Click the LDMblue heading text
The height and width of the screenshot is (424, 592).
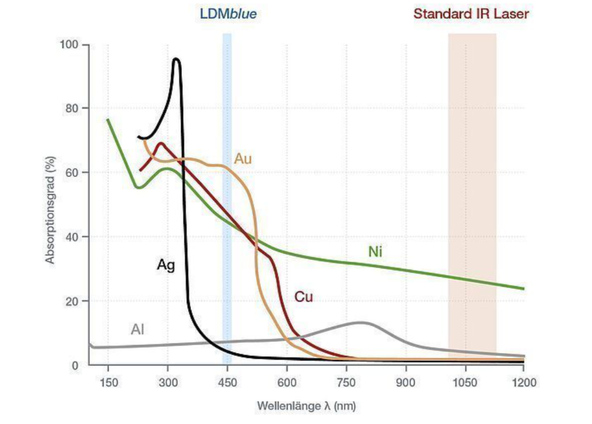click(228, 13)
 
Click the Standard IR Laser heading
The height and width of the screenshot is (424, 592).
click(471, 13)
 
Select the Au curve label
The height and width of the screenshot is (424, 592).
click(243, 158)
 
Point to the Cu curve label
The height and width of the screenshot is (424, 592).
click(304, 297)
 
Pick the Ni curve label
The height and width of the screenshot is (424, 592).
click(375, 251)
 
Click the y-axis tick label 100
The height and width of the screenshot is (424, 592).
click(70, 45)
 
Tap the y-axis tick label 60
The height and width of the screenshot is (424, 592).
click(73, 173)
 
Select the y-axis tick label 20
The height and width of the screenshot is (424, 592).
click(73, 301)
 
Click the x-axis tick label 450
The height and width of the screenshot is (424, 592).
click(227, 382)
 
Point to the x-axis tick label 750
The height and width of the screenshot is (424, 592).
click(347, 382)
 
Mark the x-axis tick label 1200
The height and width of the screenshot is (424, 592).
click(523, 382)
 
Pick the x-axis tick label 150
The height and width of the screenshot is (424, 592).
click(108, 382)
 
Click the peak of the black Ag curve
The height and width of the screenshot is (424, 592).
click(176, 59)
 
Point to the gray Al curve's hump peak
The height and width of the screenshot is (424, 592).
click(360, 323)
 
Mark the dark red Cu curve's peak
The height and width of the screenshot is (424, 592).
click(161, 143)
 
